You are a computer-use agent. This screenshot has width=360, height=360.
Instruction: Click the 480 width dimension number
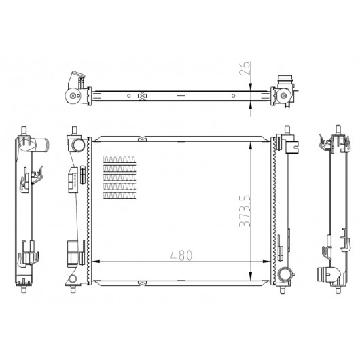[181, 255]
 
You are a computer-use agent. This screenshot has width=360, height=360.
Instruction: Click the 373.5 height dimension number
[245, 211]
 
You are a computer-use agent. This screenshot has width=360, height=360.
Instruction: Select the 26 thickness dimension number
[245, 68]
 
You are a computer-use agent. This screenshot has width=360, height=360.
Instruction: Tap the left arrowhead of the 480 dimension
[96, 262]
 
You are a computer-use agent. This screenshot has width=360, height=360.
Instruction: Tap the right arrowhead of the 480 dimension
[266, 262]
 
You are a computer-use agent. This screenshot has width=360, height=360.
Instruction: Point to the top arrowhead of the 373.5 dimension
[251, 145]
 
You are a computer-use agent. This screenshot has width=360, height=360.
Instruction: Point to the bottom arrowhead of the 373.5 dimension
[251, 276]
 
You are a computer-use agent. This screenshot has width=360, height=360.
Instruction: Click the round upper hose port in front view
[78, 145]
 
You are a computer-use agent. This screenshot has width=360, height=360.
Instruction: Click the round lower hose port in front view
[285, 274]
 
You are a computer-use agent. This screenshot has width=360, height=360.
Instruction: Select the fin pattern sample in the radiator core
[120, 177]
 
